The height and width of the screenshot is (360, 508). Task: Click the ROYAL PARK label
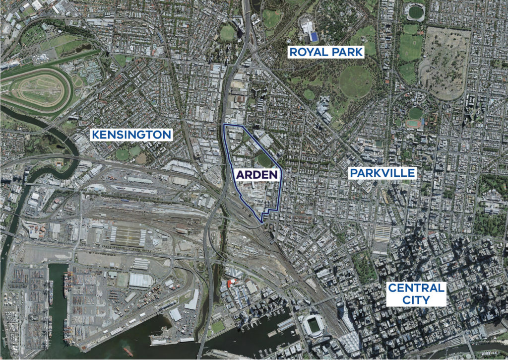click(x=326, y=51)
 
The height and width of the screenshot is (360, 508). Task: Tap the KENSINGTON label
click(x=131, y=135)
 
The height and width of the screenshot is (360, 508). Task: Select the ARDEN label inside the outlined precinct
click(x=255, y=175)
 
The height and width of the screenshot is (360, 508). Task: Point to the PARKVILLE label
click(x=381, y=173)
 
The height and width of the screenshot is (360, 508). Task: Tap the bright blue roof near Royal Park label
click(x=314, y=37)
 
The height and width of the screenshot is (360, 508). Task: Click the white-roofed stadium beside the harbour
click(x=314, y=325)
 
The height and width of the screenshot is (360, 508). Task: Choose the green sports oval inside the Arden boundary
click(x=264, y=160)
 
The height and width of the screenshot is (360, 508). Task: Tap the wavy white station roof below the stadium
click(x=351, y=343)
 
